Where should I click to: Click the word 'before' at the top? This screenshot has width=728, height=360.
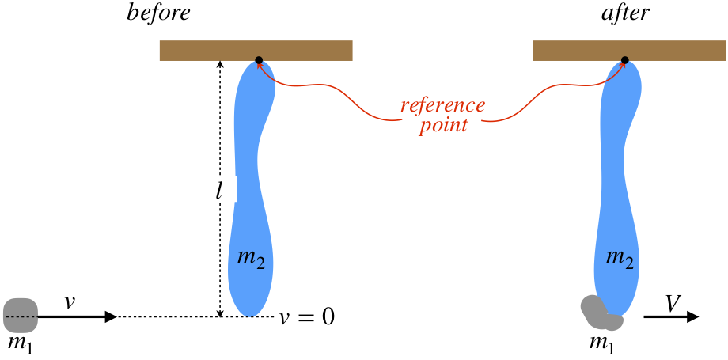pyautogui.click(x=158, y=14)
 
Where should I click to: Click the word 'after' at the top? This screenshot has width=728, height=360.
pyautogui.click(x=624, y=14)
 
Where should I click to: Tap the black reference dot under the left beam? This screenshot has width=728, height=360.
pyautogui.click(x=259, y=60)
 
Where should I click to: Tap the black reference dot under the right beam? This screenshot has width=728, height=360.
pyautogui.click(x=624, y=60)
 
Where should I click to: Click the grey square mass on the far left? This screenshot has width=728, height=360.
pyautogui.click(x=21, y=315)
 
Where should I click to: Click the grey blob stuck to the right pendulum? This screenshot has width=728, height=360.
pyautogui.click(x=599, y=314)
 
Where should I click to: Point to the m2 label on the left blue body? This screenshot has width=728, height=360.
pyautogui.click(x=251, y=256)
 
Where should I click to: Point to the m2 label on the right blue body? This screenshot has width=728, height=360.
pyautogui.click(x=618, y=256)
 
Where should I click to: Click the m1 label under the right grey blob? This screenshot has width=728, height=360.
pyautogui.click(x=602, y=343)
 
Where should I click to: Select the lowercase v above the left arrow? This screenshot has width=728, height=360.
pyautogui.click(x=70, y=301)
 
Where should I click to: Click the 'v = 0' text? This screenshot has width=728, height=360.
pyautogui.click(x=307, y=317)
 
